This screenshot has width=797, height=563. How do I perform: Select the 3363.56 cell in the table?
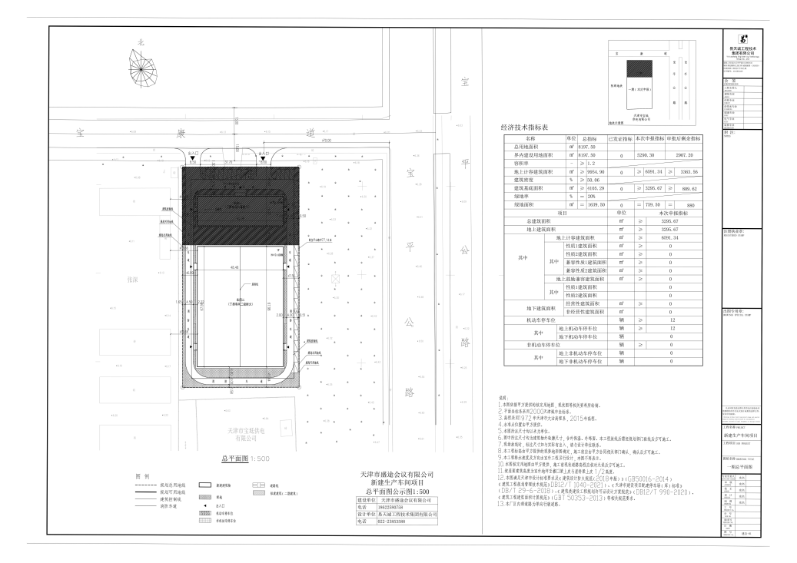click(x=688, y=171)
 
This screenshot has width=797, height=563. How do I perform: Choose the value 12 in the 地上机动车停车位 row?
click(x=671, y=328)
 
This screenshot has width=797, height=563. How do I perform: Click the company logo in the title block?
click(x=743, y=38)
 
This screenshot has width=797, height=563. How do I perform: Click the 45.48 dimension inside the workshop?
click(x=233, y=268)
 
